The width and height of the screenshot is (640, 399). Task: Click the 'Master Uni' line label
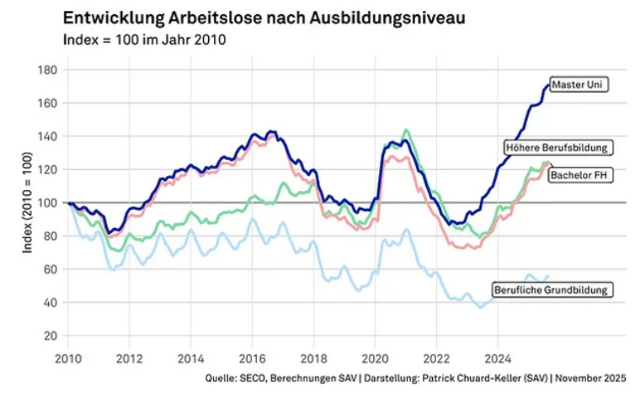pyautogui.click(x=579, y=84)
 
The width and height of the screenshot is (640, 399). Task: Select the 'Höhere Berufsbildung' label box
pyautogui.click(x=557, y=147)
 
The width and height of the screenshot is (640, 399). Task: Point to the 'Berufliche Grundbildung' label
pyautogui.click(x=552, y=290)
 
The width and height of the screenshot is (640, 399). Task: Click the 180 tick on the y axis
pyautogui.click(x=49, y=70)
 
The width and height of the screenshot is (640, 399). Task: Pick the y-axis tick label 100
pyautogui.click(x=49, y=203)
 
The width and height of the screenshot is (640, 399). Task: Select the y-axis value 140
pyautogui.click(x=49, y=136)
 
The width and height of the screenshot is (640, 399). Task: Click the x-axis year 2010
pyautogui.click(x=67, y=357)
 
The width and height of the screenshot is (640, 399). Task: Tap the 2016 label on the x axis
pyautogui.click(x=252, y=357)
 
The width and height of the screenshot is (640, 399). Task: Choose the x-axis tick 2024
pyautogui.click(x=498, y=357)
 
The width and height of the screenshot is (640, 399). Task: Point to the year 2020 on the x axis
pyautogui.click(x=375, y=357)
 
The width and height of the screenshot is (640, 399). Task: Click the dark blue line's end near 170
pyautogui.click(x=546, y=86)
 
